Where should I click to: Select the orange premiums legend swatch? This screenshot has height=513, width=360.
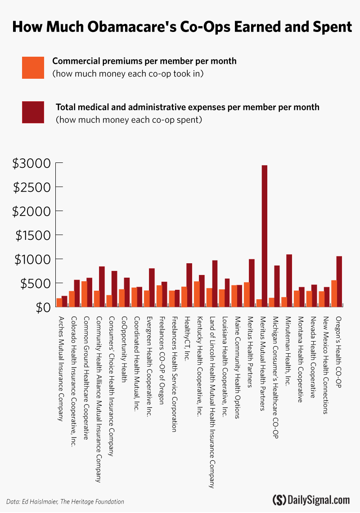(33, 67)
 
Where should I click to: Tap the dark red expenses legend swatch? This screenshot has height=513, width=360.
(33, 112)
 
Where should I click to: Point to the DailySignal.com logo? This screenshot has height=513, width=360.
(311, 499)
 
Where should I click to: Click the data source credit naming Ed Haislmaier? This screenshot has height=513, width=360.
(65, 501)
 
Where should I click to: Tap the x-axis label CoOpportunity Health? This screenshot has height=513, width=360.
(124, 349)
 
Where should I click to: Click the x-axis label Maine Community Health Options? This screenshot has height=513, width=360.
(236, 363)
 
